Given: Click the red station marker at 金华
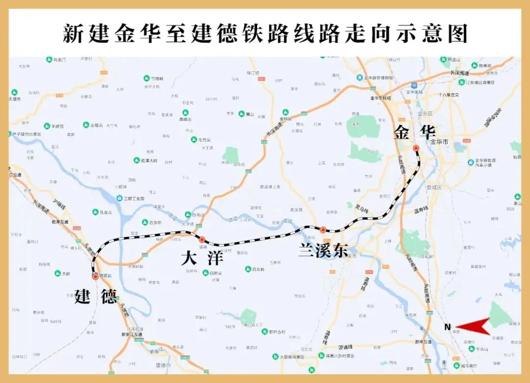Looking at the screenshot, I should [x=416, y=148].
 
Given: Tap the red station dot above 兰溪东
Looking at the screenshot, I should [x=323, y=229].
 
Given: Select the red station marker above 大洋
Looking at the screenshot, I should [x=202, y=240].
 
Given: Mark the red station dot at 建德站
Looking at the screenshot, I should [x=95, y=276].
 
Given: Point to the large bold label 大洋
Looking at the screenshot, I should [x=202, y=258].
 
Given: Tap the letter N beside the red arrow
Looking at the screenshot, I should [x=447, y=327].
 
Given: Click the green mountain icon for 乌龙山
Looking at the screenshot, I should [x=95, y=212].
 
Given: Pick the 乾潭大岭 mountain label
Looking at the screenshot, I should [x=149, y=160].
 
